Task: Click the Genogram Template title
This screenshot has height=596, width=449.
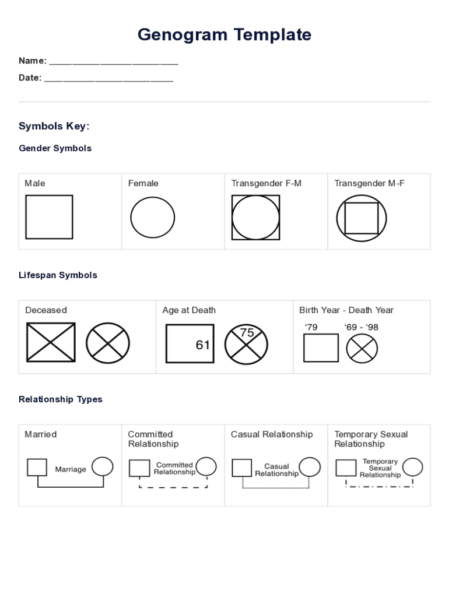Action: coord(224,35)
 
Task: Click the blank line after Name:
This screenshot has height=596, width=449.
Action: coord(114,62)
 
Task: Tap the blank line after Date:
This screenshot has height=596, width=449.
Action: coord(108,79)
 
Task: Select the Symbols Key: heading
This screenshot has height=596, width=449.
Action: coord(54,126)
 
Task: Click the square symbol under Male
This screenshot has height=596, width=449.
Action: coord(49,217)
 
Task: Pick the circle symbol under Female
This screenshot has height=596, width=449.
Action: coord(152,218)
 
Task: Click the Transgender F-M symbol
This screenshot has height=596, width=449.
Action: coord(255,218)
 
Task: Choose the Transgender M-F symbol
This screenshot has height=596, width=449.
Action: coord(361,218)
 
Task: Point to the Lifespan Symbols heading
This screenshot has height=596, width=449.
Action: coord(58,275)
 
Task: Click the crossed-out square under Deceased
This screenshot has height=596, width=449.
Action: coord(51,342)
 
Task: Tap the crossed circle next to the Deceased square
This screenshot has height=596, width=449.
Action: coord(108,343)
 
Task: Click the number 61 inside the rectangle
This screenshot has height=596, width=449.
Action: coord(202,345)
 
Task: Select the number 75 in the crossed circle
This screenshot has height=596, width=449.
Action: coord(247,333)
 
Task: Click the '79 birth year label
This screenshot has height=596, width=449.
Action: coord(311,327)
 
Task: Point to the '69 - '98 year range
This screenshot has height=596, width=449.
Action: coord(361,327)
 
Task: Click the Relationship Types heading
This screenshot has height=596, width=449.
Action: coord(61,399)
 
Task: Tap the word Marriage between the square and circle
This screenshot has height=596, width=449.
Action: coord(71,469)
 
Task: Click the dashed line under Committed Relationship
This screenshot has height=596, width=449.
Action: coord(173,487)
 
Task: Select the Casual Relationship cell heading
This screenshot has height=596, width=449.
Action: coord(272,434)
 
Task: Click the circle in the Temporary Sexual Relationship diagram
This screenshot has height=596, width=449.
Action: coord(413,467)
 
